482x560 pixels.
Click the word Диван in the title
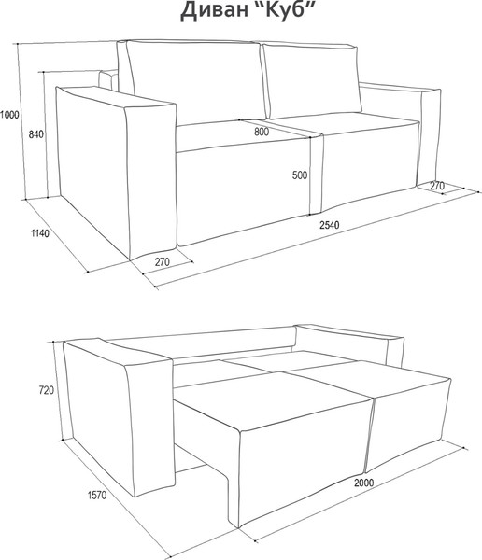(x=214, y=11)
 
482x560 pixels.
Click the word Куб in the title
(x=286, y=10)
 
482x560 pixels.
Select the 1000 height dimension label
(x=9, y=115)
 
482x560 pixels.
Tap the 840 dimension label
(x=35, y=134)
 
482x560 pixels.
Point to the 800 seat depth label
(x=262, y=132)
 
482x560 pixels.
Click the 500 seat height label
(x=300, y=175)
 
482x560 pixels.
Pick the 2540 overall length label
(x=330, y=225)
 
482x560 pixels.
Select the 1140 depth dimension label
(x=39, y=233)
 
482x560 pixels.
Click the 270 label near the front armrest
(x=162, y=262)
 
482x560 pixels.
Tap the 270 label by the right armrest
(x=437, y=186)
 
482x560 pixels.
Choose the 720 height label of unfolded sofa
(x=47, y=390)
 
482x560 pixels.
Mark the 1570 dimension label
(x=97, y=496)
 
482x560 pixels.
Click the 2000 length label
(x=364, y=483)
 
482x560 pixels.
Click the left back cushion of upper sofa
(x=195, y=81)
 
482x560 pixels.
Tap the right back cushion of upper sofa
(x=312, y=80)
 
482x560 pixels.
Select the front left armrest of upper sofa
(x=116, y=172)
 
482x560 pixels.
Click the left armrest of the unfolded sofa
(x=118, y=416)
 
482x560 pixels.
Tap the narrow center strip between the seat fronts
(x=316, y=175)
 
